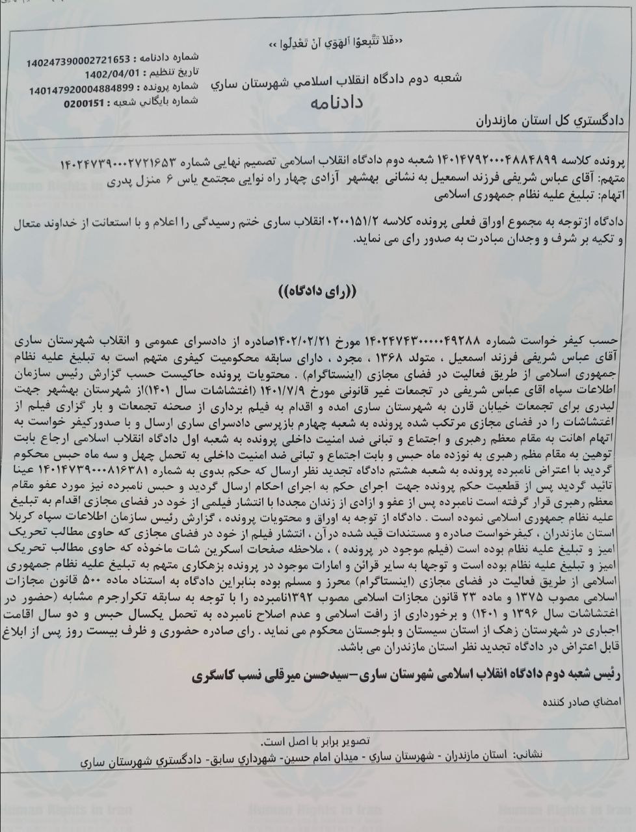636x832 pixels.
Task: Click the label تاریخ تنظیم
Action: pos(172,72)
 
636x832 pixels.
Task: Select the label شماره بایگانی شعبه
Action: pos(155,102)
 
